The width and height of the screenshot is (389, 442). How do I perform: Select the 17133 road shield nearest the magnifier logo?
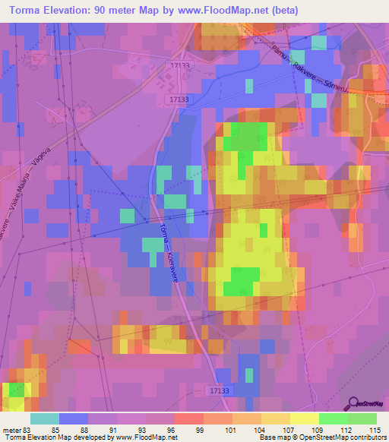pos(217,390)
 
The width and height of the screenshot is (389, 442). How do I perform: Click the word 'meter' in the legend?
pos(11,431)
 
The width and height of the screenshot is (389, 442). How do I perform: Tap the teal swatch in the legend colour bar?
pos(45,418)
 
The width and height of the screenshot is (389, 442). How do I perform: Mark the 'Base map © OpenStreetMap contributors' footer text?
pos(322,438)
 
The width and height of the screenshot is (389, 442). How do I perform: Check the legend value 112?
pos(347,431)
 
